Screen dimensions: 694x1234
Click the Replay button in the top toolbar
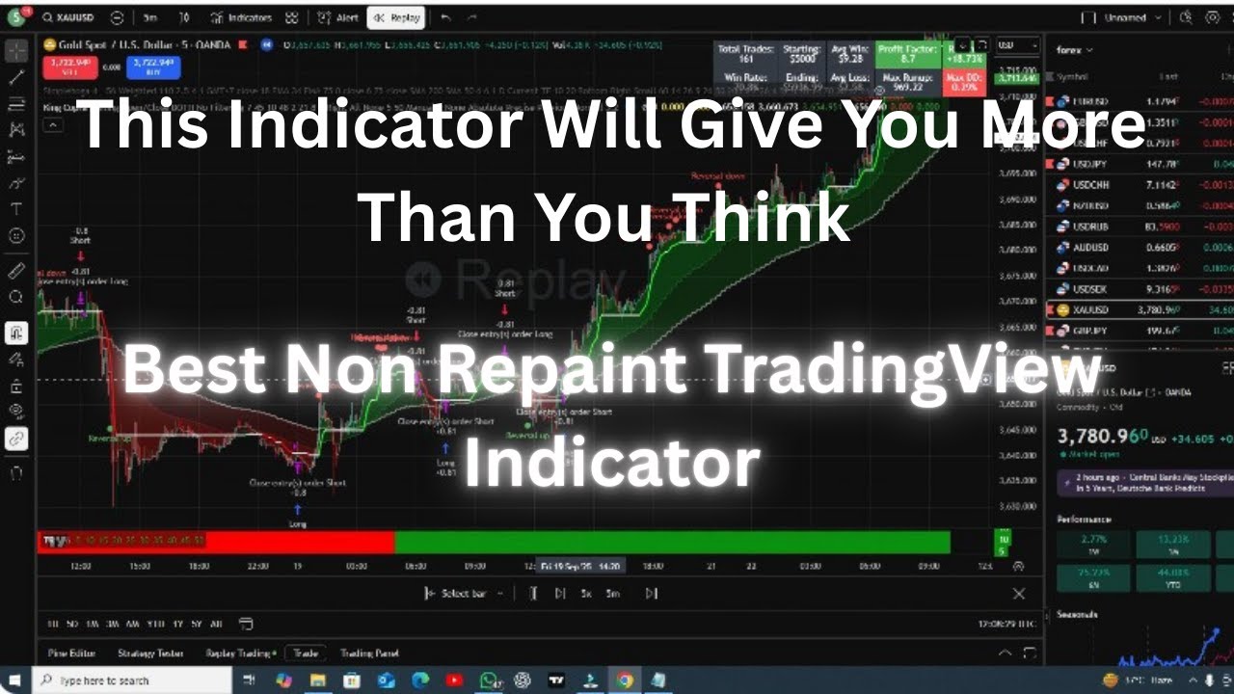click(394, 17)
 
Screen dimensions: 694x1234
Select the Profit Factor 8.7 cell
click(908, 53)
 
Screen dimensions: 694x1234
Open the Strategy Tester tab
click(150, 653)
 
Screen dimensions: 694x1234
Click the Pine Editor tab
click(71, 653)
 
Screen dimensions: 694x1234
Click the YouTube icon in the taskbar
click(454, 681)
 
